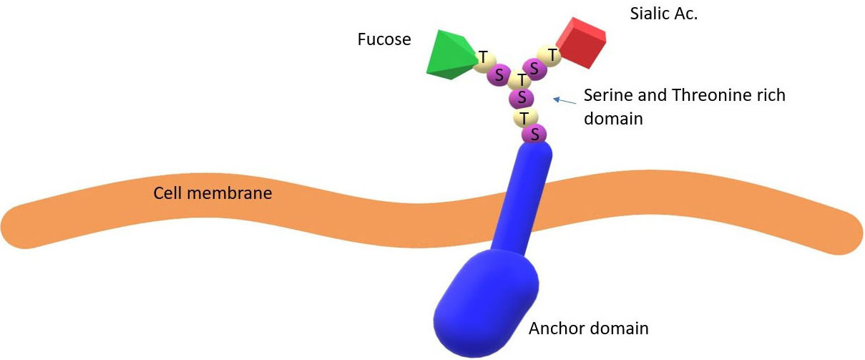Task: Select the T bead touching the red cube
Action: (552, 54)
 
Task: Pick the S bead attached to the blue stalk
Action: (534, 133)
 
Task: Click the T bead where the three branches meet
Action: (522, 79)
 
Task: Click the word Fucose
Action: (384, 39)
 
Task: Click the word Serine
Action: (607, 95)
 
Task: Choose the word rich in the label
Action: (770, 95)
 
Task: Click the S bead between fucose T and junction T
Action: (499, 74)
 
